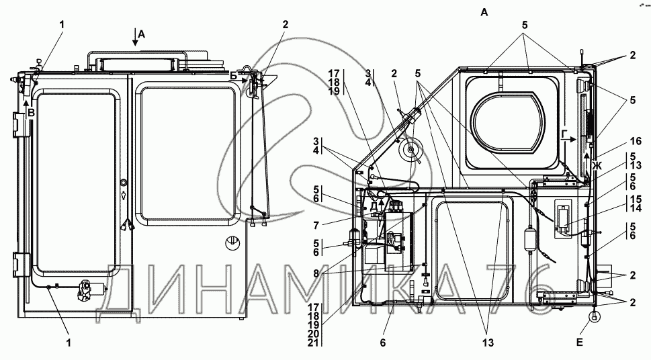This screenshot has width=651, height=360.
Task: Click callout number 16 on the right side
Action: (x=636, y=142)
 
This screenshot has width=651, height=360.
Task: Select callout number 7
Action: (x=316, y=226)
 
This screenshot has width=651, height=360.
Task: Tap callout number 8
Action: (x=316, y=273)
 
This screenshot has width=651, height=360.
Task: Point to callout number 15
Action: (x=636, y=199)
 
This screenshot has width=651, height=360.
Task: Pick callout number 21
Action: (x=314, y=343)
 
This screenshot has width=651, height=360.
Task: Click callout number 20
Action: (x=314, y=334)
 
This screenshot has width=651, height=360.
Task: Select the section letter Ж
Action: (x=597, y=167)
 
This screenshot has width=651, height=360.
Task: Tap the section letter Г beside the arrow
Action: (x=564, y=134)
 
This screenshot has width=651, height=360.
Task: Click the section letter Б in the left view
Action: (x=234, y=76)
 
